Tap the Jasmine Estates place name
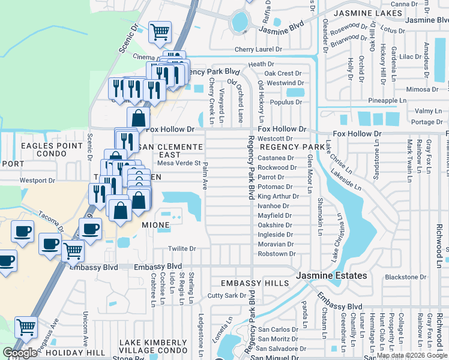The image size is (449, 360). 332,275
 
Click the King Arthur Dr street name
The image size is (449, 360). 278,196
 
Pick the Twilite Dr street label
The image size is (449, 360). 182,248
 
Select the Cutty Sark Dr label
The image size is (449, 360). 227,295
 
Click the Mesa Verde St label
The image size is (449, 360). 179,163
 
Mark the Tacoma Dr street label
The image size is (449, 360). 49,215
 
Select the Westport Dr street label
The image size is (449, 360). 37,180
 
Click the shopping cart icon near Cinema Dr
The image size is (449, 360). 160,31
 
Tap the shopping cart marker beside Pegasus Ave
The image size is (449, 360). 26,327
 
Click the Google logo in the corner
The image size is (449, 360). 20,353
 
